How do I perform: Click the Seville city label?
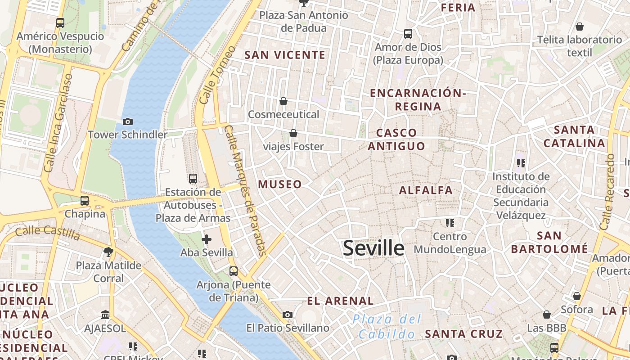point(373,248)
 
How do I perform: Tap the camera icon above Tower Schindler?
point(128,121)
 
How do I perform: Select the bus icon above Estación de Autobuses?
point(193,179)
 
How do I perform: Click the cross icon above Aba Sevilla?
point(207,239)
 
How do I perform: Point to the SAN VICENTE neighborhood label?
point(285,55)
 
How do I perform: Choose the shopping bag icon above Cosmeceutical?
point(283,101)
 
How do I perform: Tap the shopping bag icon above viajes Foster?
point(293,133)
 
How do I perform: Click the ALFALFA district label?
point(426,190)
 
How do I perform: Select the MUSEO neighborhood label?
point(280,184)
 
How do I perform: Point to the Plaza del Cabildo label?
point(387,327)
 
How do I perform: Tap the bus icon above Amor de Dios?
point(408,34)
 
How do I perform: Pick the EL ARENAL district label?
point(340,301)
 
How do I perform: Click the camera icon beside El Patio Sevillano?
point(288,315)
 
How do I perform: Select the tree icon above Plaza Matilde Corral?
point(108,252)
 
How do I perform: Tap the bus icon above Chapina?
point(85,201)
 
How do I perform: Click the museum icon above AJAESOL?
point(105,315)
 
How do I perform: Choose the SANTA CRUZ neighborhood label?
point(463,333)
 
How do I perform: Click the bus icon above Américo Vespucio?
point(60,23)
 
